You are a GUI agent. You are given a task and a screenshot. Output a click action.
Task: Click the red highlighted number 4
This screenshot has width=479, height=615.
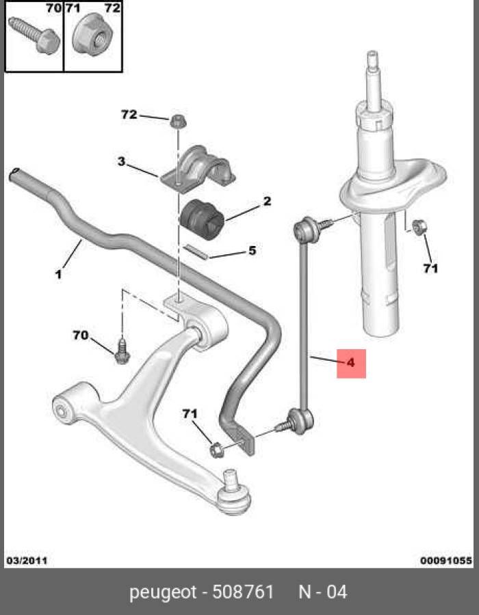tap(351, 363)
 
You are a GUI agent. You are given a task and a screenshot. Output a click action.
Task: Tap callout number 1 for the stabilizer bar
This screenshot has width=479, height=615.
tap(58, 274)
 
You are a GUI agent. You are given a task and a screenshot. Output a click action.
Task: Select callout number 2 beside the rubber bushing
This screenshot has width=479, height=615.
tap(267, 201)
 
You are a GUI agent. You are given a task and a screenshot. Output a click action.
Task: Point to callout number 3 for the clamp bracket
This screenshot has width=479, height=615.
tap(121, 161)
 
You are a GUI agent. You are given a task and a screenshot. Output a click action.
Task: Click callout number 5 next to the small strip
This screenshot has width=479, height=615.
tap(252, 250)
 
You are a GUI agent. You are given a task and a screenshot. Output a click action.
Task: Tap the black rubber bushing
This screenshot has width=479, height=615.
tap(202, 219)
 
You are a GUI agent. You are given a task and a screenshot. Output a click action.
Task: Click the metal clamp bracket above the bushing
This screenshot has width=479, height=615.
tap(198, 169)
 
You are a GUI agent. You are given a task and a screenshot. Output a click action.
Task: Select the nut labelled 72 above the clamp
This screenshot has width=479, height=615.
tap(178, 121)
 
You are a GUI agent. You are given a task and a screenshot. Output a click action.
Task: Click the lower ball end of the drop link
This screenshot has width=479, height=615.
tap(300, 421)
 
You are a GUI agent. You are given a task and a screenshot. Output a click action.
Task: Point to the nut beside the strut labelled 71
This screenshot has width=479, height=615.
tap(419, 228)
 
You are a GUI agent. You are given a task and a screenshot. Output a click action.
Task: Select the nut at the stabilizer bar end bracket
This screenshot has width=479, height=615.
tap(216, 450)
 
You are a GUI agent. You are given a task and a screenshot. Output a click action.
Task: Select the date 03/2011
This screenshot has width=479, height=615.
tap(27, 560)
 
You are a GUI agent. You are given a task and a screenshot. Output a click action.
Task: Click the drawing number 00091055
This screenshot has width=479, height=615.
tap(446, 560)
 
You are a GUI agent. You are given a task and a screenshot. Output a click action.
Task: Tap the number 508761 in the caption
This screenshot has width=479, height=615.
tap(243, 592)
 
